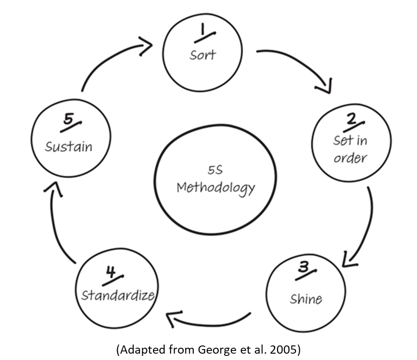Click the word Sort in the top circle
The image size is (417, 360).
pos(203,55)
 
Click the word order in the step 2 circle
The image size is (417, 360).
pos(350,158)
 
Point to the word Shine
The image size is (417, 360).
pos(306,299)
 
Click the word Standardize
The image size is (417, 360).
pos(118,295)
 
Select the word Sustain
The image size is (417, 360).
pos(69,147)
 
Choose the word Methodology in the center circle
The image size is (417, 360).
pos(216,187)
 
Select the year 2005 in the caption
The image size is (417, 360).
pos(282,350)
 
